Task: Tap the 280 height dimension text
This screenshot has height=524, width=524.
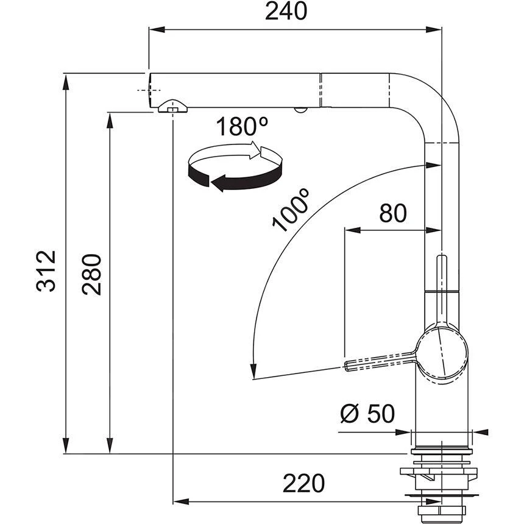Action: [91, 274]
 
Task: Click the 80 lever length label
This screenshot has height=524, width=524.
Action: [392, 213]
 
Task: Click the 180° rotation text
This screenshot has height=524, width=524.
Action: [243, 127]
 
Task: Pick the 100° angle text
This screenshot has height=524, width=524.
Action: [291, 211]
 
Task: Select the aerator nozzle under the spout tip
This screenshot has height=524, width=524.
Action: [171, 107]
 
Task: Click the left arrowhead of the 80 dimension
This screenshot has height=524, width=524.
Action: [351, 230]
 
